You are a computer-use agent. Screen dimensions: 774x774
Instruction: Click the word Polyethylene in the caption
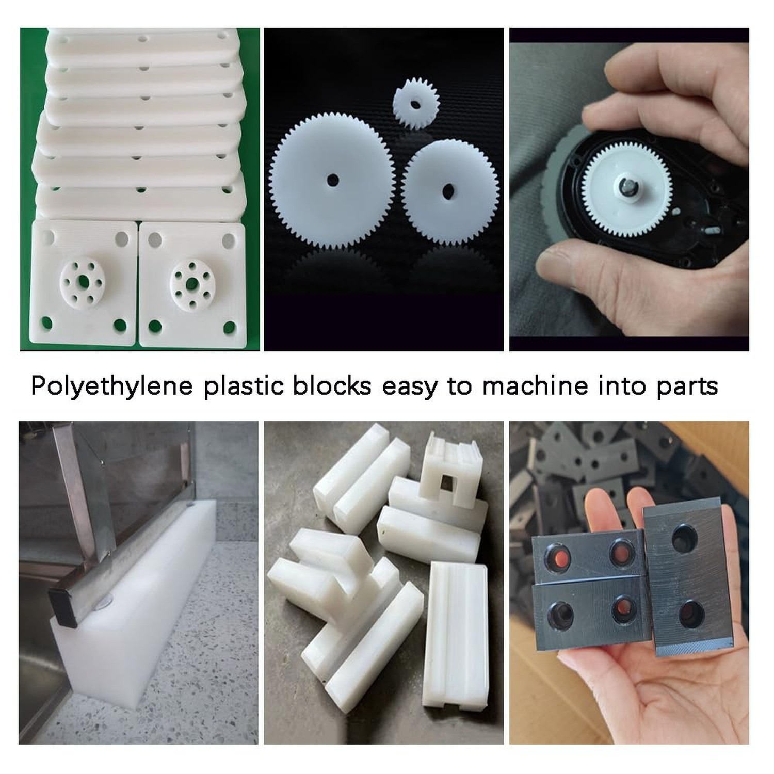point(112,386)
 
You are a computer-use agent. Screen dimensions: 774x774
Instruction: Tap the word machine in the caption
point(535,385)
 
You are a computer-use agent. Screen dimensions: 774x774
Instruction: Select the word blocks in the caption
point(332,385)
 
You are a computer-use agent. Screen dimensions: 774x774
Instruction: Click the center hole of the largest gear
point(333,181)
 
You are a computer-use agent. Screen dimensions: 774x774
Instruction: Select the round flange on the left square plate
point(83,281)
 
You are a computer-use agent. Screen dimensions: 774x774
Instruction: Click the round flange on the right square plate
point(192,282)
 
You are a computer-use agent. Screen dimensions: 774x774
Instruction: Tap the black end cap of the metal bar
point(63,608)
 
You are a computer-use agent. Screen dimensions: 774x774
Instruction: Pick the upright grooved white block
point(456,635)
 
